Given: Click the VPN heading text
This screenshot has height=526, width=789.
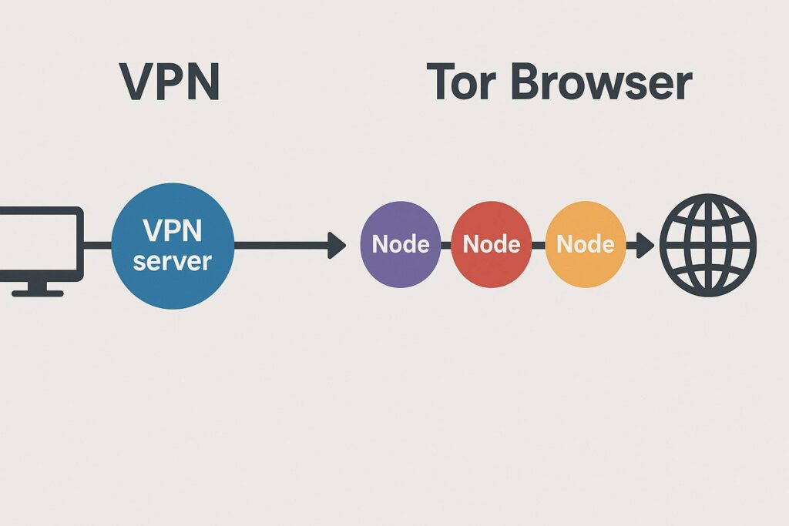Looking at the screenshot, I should coord(170,82).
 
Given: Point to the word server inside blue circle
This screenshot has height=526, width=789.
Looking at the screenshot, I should coord(172,260).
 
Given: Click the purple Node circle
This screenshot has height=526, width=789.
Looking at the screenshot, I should coord(400,245).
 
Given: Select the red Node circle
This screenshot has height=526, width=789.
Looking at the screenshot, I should coord(491,245).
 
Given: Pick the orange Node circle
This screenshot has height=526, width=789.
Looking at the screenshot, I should coord(585,245).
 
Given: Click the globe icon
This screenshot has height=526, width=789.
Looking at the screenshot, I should coord(708,245).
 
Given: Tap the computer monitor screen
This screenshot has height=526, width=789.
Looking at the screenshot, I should coord(39,243).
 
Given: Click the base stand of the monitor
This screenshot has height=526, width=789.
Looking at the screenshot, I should coord(37,291).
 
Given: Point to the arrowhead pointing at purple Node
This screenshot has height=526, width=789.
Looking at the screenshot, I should coord(337,246).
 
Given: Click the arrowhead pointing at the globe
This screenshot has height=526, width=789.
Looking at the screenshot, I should coord(645,246).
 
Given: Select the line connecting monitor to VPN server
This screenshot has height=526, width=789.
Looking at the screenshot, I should coord(97,246).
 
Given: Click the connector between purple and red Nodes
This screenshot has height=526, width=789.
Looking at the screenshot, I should coord(445,246).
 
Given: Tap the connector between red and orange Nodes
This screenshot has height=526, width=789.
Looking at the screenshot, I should coord(538,246).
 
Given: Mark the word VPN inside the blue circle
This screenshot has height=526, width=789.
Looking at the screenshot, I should coord(172,230).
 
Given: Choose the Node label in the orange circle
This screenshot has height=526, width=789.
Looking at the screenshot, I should coord(585,245).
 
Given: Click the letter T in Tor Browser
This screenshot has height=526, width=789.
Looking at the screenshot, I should coord(441,82).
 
